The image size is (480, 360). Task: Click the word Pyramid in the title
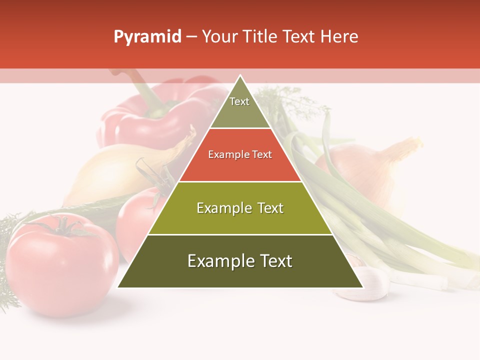(147, 37)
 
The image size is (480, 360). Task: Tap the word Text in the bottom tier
(273, 261)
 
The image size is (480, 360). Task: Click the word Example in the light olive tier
(218, 208)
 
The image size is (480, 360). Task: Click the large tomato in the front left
(62, 270)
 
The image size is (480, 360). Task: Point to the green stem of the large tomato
(62, 226)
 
